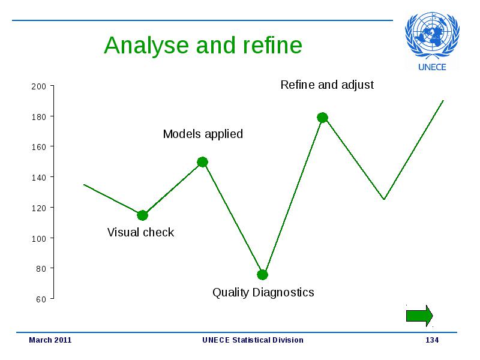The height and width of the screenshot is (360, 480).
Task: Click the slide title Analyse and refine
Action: point(203,46)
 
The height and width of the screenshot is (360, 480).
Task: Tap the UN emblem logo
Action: point(432,35)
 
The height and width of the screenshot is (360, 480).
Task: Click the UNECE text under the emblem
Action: point(432,67)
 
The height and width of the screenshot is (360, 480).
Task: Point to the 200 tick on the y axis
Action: point(38,86)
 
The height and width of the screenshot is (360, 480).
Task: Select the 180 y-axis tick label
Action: point(38,117)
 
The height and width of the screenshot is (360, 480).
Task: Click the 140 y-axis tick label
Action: point(38,178)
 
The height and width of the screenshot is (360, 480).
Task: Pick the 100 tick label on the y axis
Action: point(38,238)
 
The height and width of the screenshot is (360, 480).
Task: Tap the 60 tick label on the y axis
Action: point(41,299)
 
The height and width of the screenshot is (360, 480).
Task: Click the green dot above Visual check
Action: point(142,215)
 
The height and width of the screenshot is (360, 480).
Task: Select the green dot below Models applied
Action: point(202,162)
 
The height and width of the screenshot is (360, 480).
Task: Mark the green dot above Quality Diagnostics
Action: point(262,275)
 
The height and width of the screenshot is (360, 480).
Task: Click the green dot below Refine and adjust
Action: point(322,117)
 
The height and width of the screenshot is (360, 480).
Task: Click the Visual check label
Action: point(140,232)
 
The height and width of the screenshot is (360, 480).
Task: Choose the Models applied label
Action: point(203,134)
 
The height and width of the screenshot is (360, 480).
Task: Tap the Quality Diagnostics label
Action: point(263,293)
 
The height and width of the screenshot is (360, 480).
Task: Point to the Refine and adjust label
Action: point(327,85)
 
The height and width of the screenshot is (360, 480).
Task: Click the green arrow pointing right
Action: point(419,316)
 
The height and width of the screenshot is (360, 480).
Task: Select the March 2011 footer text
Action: point(50,340)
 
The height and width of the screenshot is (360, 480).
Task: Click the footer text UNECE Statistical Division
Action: point(253,340)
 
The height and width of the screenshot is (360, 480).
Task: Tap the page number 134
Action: point(432,340)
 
